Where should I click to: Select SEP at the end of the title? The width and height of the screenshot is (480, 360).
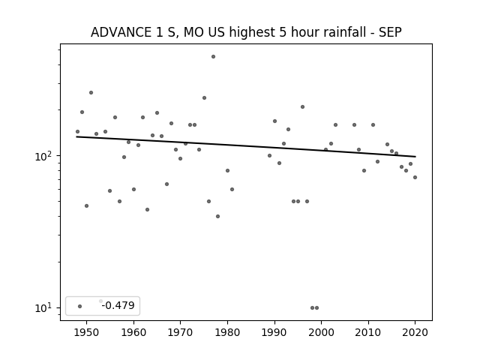[390, 32]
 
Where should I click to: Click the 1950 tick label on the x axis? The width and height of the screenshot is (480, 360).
[87, 332]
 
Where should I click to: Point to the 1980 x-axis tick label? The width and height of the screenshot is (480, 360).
[227, 332]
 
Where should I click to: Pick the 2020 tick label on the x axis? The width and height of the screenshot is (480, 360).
[415, 332]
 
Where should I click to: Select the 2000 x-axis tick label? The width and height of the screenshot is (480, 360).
[321, 332]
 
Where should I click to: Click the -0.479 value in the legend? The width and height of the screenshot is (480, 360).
[118, 305]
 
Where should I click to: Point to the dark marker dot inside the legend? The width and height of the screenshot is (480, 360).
[80, 306]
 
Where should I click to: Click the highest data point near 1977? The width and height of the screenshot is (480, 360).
[213, 57]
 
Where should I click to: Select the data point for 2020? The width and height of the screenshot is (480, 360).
[415, 177]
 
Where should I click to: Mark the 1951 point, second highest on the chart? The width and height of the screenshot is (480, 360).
[91, 92]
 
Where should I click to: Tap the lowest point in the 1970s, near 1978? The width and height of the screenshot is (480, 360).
[218, 217]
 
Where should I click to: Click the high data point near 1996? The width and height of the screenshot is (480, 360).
[302, 106]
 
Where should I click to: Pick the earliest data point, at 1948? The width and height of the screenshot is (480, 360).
[77, 132]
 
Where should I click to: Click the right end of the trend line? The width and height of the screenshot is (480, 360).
[415, 157]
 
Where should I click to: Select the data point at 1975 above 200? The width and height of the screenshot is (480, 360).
[204, 98]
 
